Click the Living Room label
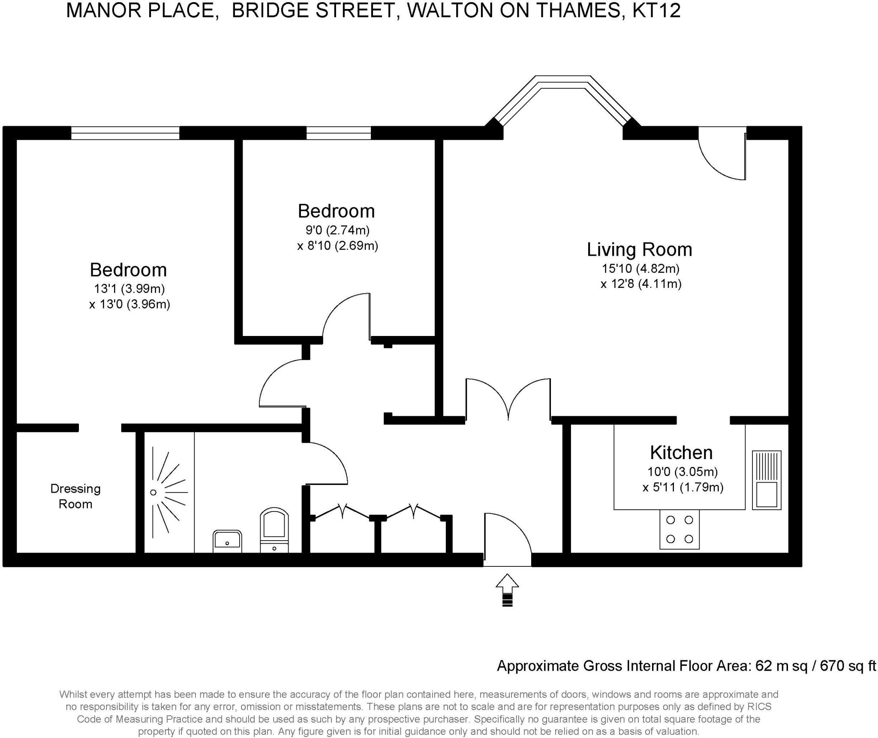(x=639, y=250)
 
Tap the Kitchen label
(x=681, y=453)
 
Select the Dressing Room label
(x=75, y=496)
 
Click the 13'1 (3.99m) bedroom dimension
(x=129, y=289)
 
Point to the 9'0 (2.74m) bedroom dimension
(x=337, y=230)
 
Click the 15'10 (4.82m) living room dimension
(x=640, y=269)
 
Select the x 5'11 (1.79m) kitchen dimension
(x=683, y=487)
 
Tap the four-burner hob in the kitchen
(x=680, y=529)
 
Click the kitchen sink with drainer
(x=767, y=480)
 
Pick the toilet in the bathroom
(x=274, y=530)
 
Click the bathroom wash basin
(x=227, y=541)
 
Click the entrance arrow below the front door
(x=507, y=590)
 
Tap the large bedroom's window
(x=125, y=133)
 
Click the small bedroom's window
(x=339, y=133)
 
